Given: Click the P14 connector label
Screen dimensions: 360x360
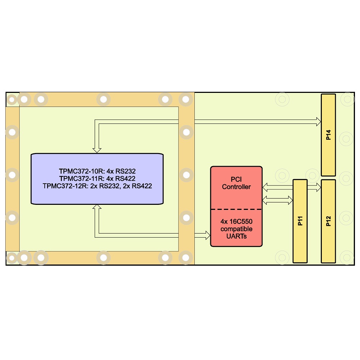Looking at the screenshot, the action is (328, 135).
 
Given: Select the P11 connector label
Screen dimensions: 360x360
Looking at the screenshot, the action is (300, 221).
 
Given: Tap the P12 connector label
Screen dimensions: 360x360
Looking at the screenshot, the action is (328, 221).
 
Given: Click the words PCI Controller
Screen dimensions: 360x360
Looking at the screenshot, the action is (236, 183).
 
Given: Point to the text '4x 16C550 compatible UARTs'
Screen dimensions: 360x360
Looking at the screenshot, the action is (237, 229).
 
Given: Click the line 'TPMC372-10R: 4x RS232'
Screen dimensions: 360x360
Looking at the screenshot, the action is (97, 171).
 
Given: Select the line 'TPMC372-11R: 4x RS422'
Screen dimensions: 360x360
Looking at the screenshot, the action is (97, 179).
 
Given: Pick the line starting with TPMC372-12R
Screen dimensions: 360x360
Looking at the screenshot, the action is (97, 186).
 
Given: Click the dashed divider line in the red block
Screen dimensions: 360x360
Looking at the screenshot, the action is (236, 210).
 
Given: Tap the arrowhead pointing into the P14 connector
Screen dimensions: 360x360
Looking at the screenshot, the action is (319, 122).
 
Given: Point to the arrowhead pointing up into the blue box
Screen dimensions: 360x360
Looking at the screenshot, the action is (97, 207).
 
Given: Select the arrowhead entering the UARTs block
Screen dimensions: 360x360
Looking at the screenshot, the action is (208, 235).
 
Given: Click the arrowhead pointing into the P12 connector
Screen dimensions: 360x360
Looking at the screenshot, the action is (319, 187).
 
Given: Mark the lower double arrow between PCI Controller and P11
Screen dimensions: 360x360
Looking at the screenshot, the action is (277, 200).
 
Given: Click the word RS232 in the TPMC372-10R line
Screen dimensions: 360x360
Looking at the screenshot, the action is (126, 171).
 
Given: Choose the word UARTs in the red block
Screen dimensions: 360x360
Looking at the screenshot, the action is (237, 236).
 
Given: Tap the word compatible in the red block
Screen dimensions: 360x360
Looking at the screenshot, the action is (237, 229).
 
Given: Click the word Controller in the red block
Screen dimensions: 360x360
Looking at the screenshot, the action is (236, 186).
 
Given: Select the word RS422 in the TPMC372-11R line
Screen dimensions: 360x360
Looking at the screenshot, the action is (125, 179).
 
